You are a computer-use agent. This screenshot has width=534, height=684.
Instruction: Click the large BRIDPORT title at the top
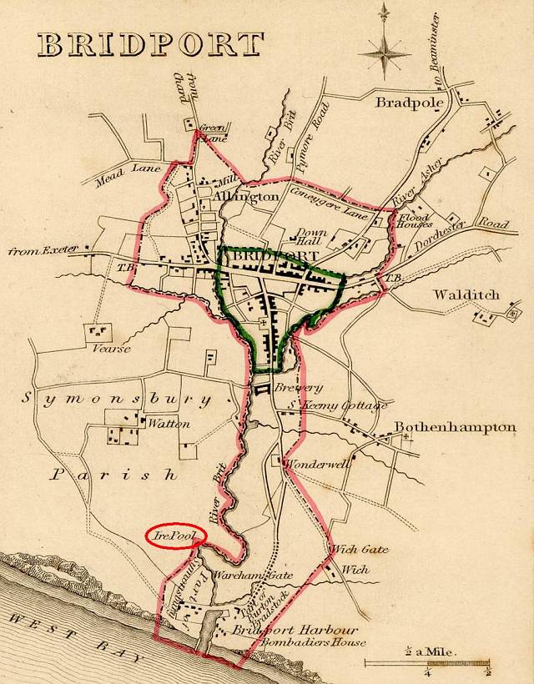[x=150, y=44]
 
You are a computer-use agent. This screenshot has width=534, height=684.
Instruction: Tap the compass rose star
[x=385, y=52]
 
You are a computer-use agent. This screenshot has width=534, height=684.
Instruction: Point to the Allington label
[x=245, y=197]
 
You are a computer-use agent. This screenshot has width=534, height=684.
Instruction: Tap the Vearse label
[x=111, y=348]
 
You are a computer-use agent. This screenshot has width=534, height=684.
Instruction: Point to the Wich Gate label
[x=355, y=550]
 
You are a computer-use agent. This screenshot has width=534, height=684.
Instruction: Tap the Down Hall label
[x=312, y=235]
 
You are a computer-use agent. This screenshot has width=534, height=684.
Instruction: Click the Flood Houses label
[x=414, y=220]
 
